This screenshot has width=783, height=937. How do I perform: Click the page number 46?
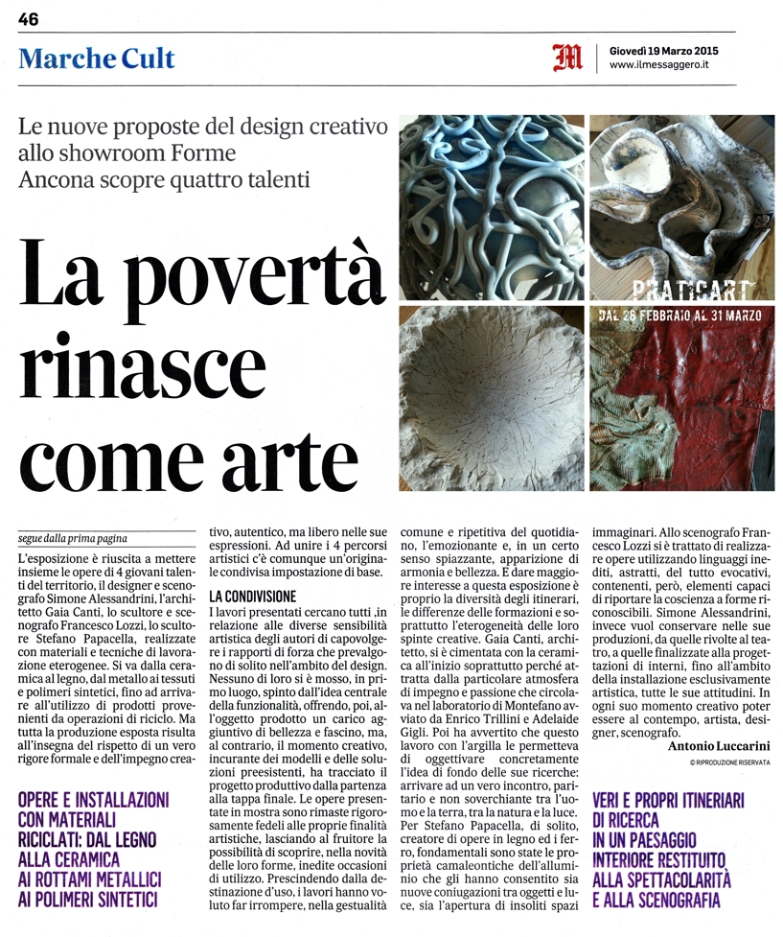[28, 19]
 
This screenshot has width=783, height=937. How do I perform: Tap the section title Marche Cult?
[97, 59]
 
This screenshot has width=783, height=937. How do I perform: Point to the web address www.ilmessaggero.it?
[658, 65]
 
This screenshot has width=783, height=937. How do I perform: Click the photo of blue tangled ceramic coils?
[490, 206]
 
